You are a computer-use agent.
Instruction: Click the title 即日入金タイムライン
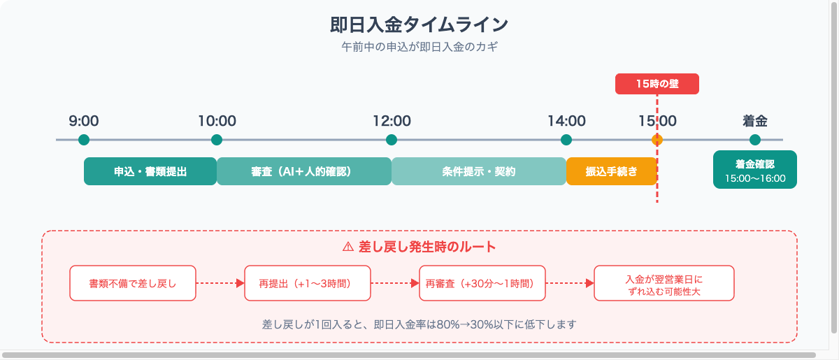pos(419,24)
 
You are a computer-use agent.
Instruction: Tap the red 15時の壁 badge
pos(657,84)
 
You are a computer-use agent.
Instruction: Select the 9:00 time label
pos(84,121)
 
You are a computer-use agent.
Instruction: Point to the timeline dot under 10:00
pos(217,140)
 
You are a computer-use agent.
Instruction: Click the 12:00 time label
pos(392,121)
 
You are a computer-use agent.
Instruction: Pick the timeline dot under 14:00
pos(566,140)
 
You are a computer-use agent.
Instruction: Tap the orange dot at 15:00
pos(657,140)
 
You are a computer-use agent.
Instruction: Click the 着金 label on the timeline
pos(754,121)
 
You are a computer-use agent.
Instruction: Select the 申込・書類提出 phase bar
pos(150,171)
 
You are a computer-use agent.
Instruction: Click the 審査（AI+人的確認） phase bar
pos(304,171)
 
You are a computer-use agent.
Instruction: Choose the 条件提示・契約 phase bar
pos(479,171)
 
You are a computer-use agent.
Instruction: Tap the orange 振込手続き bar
pos(612,171)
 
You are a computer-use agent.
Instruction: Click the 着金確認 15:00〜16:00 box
pos(755,170)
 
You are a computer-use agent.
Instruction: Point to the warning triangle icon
pos(347,247)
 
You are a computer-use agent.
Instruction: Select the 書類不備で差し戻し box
pos(133,283)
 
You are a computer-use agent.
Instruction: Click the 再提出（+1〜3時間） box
pos(308,283)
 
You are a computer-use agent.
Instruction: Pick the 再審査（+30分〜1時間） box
pos(482,283)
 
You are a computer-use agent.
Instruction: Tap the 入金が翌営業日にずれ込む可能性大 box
pos(664,283)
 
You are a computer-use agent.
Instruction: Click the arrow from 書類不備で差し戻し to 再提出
pos(220,283)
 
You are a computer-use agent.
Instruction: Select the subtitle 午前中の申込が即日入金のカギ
pos(419,48)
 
